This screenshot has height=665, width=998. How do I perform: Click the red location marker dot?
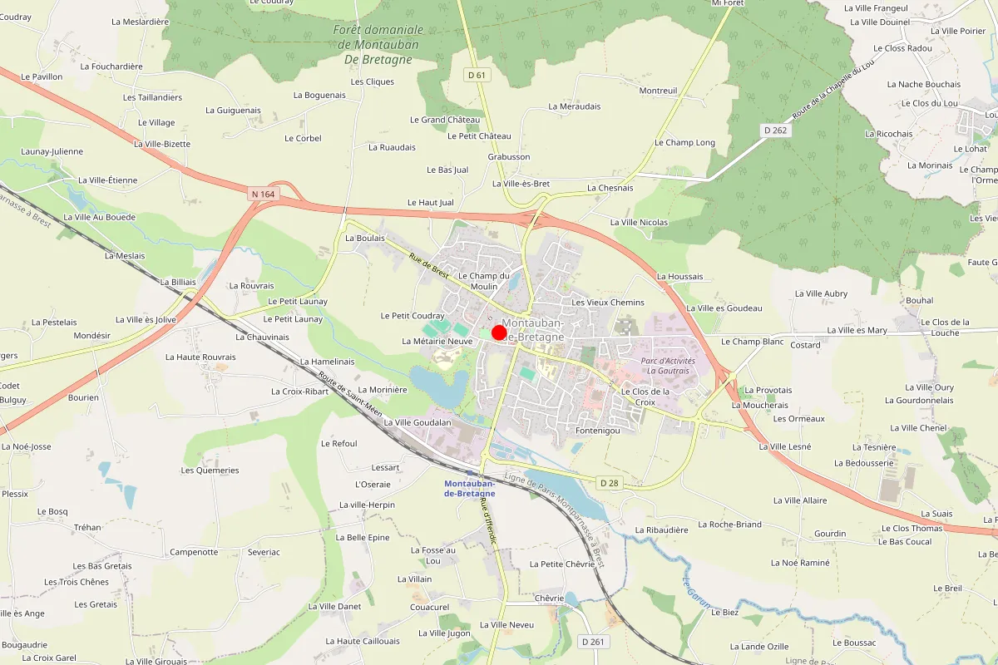[x=499, y=332]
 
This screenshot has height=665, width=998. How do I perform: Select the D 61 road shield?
[x=476, y=75]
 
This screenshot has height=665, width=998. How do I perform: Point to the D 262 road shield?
[x=775, y=131]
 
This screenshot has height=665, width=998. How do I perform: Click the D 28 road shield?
[x=609, y=482]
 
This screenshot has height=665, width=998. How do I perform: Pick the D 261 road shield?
[x=593, y=641]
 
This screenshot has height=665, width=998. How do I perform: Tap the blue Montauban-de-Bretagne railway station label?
[x=470, y=488]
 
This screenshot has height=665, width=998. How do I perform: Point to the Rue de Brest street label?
[x=429, y=265]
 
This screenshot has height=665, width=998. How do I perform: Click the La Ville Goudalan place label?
[x=417, y=422]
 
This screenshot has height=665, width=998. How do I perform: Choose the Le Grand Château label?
[x=445, y=120]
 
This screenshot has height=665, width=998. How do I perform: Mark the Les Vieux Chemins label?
[x=608, y=302]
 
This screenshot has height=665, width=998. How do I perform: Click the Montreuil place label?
[x=658, y=91]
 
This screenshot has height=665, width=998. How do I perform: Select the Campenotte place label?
[x=194, y=551]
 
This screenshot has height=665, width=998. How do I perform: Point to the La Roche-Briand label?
[x=729, y=525]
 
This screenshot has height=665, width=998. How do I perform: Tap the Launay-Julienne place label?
[x=52, y=151]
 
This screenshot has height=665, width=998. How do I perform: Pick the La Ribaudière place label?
[x=661, y=530]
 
